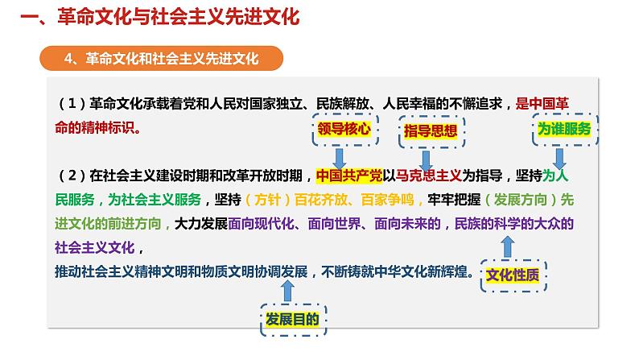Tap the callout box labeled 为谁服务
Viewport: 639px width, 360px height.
click(564, 130)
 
